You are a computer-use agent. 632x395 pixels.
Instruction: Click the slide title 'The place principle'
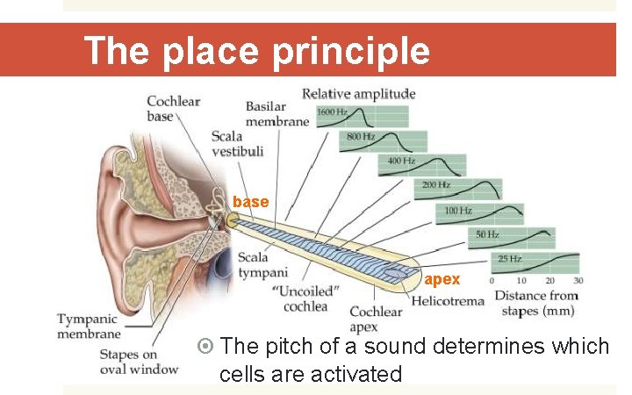[x=256, y=51]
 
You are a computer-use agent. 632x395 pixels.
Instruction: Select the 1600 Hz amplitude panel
[x=363, y=117]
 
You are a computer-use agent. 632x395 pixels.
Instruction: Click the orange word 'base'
[x=250, y=202]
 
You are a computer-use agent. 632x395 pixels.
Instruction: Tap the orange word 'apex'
[x=442, y=279]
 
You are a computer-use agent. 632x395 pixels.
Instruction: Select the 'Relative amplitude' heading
[x=358, y=93]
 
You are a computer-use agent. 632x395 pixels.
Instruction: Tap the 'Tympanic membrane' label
[x=89, y=326]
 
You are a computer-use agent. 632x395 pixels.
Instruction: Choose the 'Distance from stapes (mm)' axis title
[x=539, y=303]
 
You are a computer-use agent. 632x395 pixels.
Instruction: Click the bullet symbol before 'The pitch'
[x=206, y=346]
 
